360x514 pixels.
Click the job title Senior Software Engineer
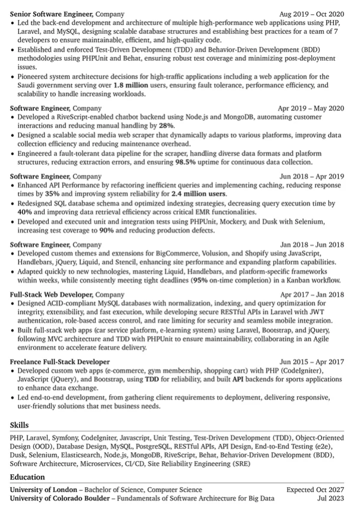click(x=51, y=13)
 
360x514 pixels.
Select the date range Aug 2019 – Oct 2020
click(x=311, y=13)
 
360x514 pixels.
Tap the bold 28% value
click(x=167, y=127)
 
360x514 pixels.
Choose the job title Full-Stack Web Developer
click(x=51, y=294)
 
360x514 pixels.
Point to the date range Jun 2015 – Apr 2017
click(x=312, y=361)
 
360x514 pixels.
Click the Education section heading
click(x=27, y=477)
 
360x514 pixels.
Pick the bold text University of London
click(x=43, y=490)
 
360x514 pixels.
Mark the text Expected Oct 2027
click(x=314, y=490)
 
